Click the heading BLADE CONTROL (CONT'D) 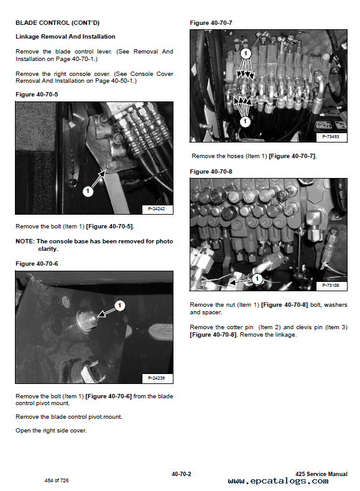click(58, 23)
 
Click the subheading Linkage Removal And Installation click(65, 37)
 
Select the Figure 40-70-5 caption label click(37, 95)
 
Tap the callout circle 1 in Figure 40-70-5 click(88, 191)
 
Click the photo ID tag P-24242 click(157, 209)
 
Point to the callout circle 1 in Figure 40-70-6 click(119, 306)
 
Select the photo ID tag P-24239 click(157, 378)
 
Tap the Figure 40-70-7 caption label click(211, 23)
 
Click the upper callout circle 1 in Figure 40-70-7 click(246, 54)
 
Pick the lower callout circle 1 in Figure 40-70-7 click(245, 121)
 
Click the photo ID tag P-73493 click(331, 137)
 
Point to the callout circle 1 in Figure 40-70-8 click(257, 279)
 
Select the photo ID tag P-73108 click(331, 286)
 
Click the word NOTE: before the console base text click(25, 241)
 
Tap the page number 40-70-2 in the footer click(182, 474)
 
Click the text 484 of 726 click(57, 480)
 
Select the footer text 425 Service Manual click(321, 474)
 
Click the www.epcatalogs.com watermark click(279, 481)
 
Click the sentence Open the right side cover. click(51, 431)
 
